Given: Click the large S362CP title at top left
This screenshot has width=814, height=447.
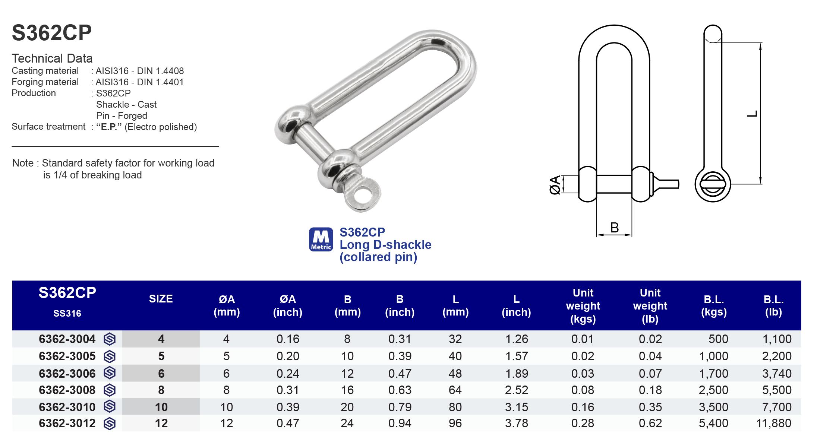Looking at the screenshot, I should [52, 33].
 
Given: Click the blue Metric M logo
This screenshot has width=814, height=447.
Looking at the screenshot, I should [321, 239].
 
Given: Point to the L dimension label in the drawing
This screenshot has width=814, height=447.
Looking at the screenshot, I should [752, 114].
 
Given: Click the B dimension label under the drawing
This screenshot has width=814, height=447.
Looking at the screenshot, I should [615, 228].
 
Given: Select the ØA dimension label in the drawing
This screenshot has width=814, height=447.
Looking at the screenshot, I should [555, 185].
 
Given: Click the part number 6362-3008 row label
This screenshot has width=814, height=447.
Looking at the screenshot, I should [67, 390].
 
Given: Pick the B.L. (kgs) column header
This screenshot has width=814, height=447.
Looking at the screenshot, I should [714, 305].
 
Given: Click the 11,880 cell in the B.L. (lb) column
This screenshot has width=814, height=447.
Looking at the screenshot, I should [774, 423].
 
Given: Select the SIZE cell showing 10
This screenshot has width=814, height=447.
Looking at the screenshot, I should [161, 407].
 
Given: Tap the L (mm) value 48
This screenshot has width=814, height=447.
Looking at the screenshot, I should [455, 373].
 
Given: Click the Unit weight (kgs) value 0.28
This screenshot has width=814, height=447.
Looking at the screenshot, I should [583, 423].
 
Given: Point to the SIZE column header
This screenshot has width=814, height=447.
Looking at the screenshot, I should [161, 299].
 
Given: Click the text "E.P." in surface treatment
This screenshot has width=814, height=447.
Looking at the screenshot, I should [109, 127].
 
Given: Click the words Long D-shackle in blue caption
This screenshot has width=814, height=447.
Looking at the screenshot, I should [385, 245].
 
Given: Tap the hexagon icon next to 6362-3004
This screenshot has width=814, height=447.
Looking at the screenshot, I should [110, 339].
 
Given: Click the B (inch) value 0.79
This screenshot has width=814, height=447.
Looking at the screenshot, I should [400, 407].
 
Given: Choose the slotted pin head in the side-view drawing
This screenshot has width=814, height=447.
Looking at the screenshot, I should [713, 184].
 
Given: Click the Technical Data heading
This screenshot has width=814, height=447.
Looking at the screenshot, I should [52, 58].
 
